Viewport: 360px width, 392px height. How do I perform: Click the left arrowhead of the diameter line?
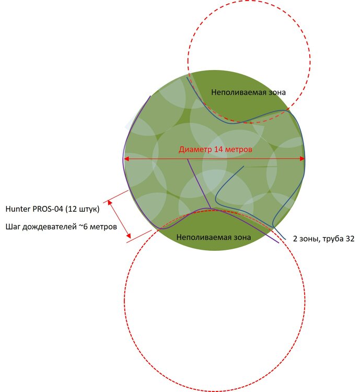pyautogui.click(x=127, y=159)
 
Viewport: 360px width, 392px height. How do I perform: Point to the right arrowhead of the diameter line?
pyautogui.click(x=302, y=159)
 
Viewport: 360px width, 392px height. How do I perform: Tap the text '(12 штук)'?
pyautogui.click(x=83, y=209)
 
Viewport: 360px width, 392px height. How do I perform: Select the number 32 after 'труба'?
pyautogui.click(x=350, y=239)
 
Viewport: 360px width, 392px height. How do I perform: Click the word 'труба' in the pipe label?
pyautogui.click(x=333, y=239)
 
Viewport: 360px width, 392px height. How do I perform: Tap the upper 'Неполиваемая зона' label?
pyautogui.click(x=248, y=92)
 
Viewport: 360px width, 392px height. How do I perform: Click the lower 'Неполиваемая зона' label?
pyautogui.click(x=214, y=237)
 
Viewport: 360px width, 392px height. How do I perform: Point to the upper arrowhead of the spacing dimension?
pyautogui.click(x=110, y=202)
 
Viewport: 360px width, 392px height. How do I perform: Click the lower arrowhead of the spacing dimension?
pyautogui.click(x=129, y=236)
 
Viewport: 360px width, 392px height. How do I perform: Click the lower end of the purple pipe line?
pyautogui.click(x=278, y=243)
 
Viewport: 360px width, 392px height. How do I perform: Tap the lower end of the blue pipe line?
pyautogui.click(x=285, y=239)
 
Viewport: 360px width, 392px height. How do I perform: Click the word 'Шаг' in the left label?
pyautogui.click(x=13, y=227)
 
